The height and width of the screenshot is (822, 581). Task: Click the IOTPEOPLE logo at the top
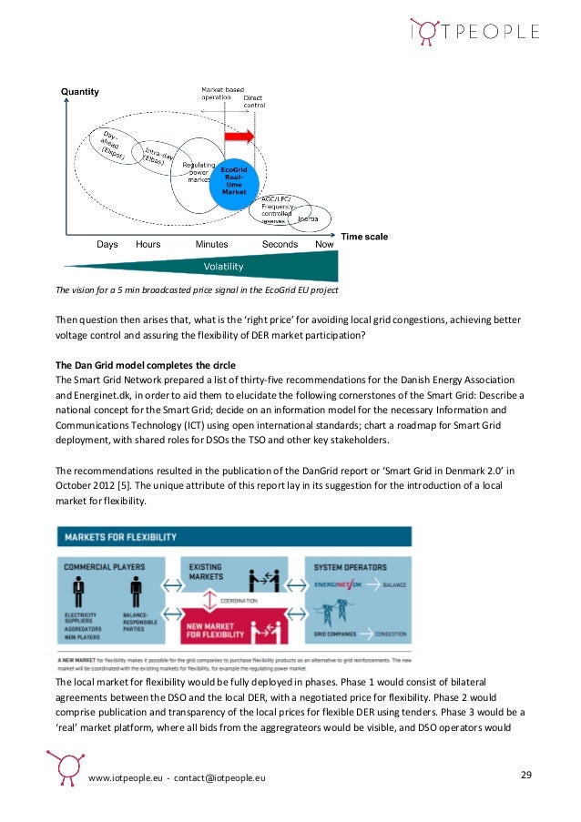tap(474, 32)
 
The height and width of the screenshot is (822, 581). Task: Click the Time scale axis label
tap(363, 237)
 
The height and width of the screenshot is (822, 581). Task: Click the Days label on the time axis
tap(108, 245)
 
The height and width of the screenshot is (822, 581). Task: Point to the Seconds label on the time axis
tap(280, 245)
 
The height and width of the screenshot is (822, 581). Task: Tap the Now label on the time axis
tap(324, 245)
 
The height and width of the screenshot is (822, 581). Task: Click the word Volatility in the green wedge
tap(223, 267)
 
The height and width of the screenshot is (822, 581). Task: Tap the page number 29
tap(525, 775)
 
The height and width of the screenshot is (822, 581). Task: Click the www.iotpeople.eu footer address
tap(125, 780)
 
